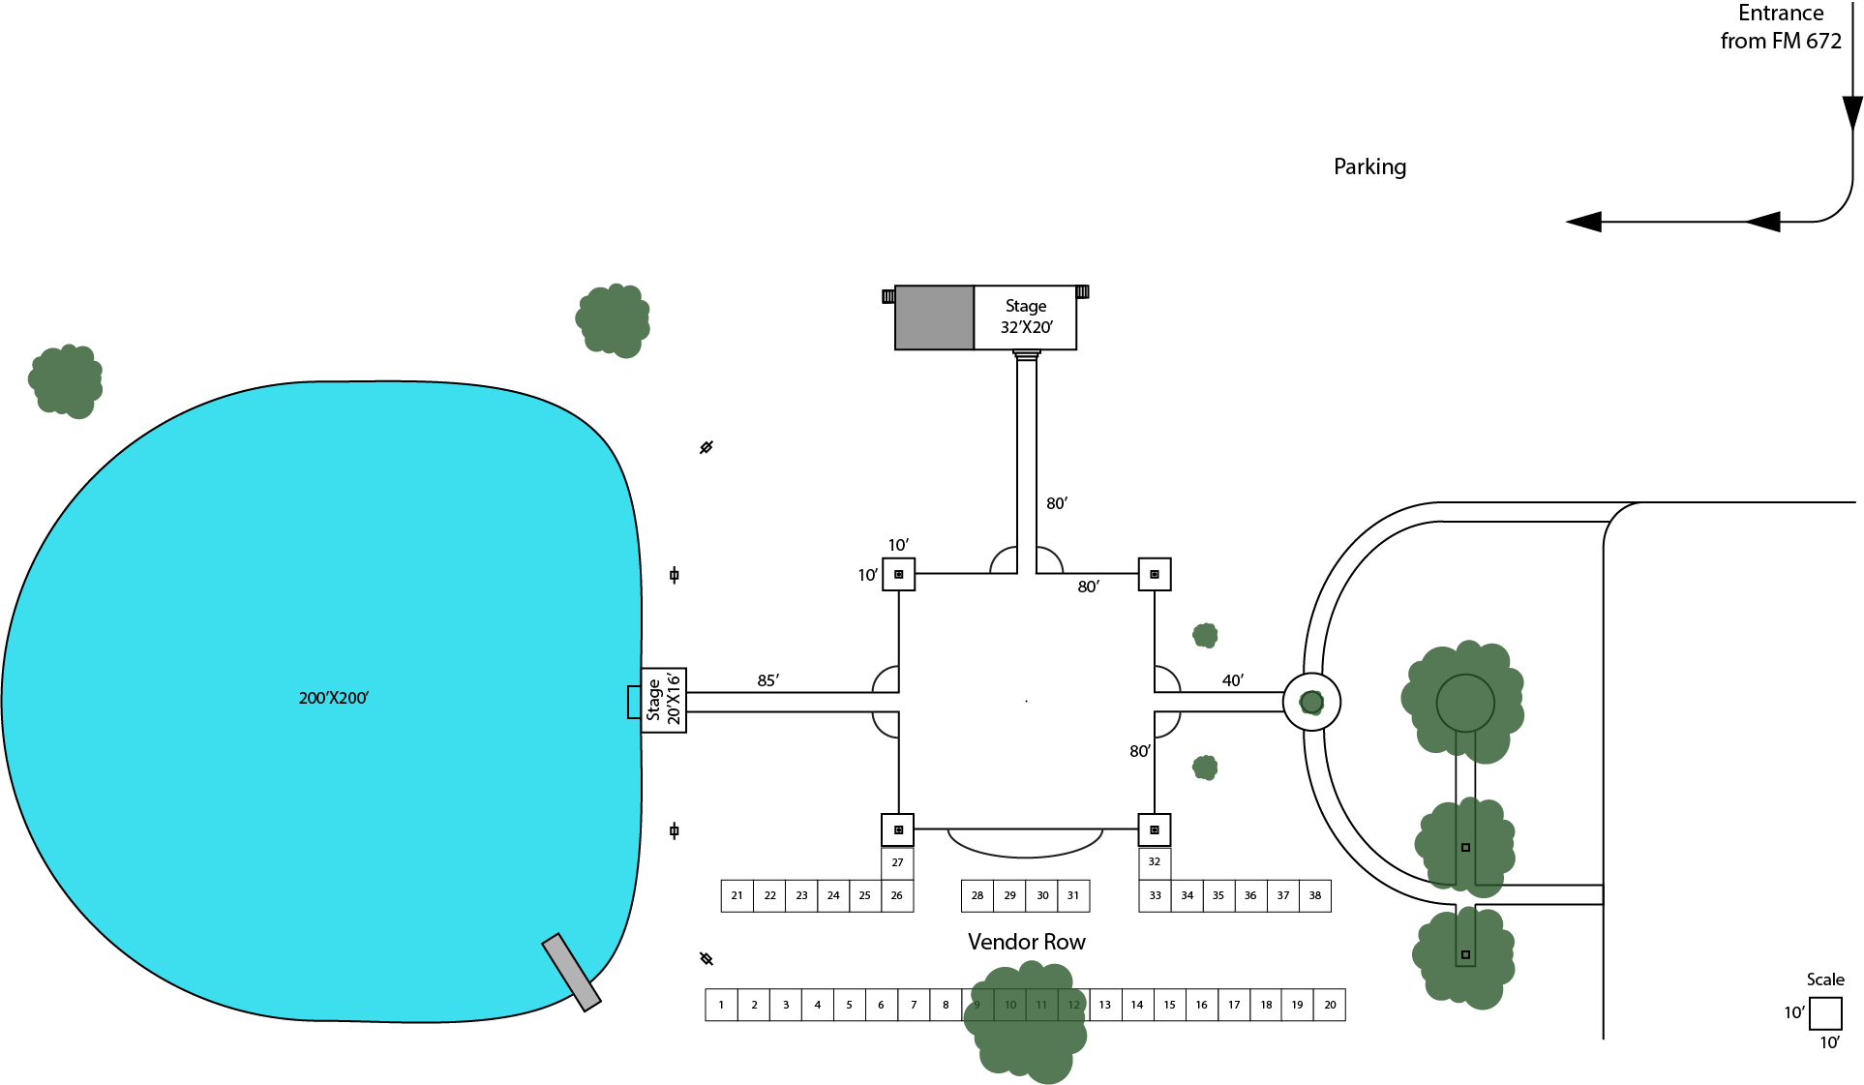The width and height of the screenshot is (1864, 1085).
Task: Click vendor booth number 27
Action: [x=897, y=862]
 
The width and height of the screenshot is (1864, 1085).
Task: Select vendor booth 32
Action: [x=1155, y=861]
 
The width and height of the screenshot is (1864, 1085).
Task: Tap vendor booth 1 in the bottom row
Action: [x=721, y=1005]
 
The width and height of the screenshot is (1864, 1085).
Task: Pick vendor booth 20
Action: [x=1330, y=1005]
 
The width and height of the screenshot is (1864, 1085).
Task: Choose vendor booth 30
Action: [x=1042, y=895]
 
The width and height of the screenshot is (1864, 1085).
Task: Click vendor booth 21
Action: [x=737, y=895]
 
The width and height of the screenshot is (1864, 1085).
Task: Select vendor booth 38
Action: [x=1315, y=895]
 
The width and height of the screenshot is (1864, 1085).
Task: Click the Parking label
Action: [x=1369, y=166]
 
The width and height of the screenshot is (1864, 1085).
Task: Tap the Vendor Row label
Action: [x=1026, y=942]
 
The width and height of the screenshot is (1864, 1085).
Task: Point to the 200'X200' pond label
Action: [x=333, y=698]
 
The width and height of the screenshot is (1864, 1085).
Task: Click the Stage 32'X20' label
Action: [x=1025, y=316]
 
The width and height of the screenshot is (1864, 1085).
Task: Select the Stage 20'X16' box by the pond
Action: [x=663, y=700]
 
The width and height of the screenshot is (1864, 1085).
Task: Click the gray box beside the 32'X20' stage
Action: [x=934, y=316]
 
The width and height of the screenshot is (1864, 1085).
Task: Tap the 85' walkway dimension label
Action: [x=767, y=680]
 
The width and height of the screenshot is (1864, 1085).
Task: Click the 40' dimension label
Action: [x=1232, y=680]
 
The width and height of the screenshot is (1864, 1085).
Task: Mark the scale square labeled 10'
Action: [x=1824, y=1013]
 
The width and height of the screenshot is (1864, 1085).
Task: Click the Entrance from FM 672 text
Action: [x=1781, y=27]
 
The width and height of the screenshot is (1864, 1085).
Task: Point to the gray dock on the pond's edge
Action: [x=571, y=972]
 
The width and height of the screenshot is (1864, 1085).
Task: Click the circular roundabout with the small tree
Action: [x=1311, y=702]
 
